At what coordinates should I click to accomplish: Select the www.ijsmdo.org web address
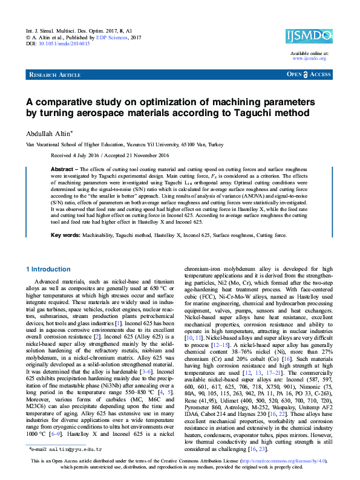(309, 59)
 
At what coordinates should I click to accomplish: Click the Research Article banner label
(54, 74)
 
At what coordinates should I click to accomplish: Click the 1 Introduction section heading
(49, 269)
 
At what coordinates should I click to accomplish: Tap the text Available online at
(309, 53)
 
